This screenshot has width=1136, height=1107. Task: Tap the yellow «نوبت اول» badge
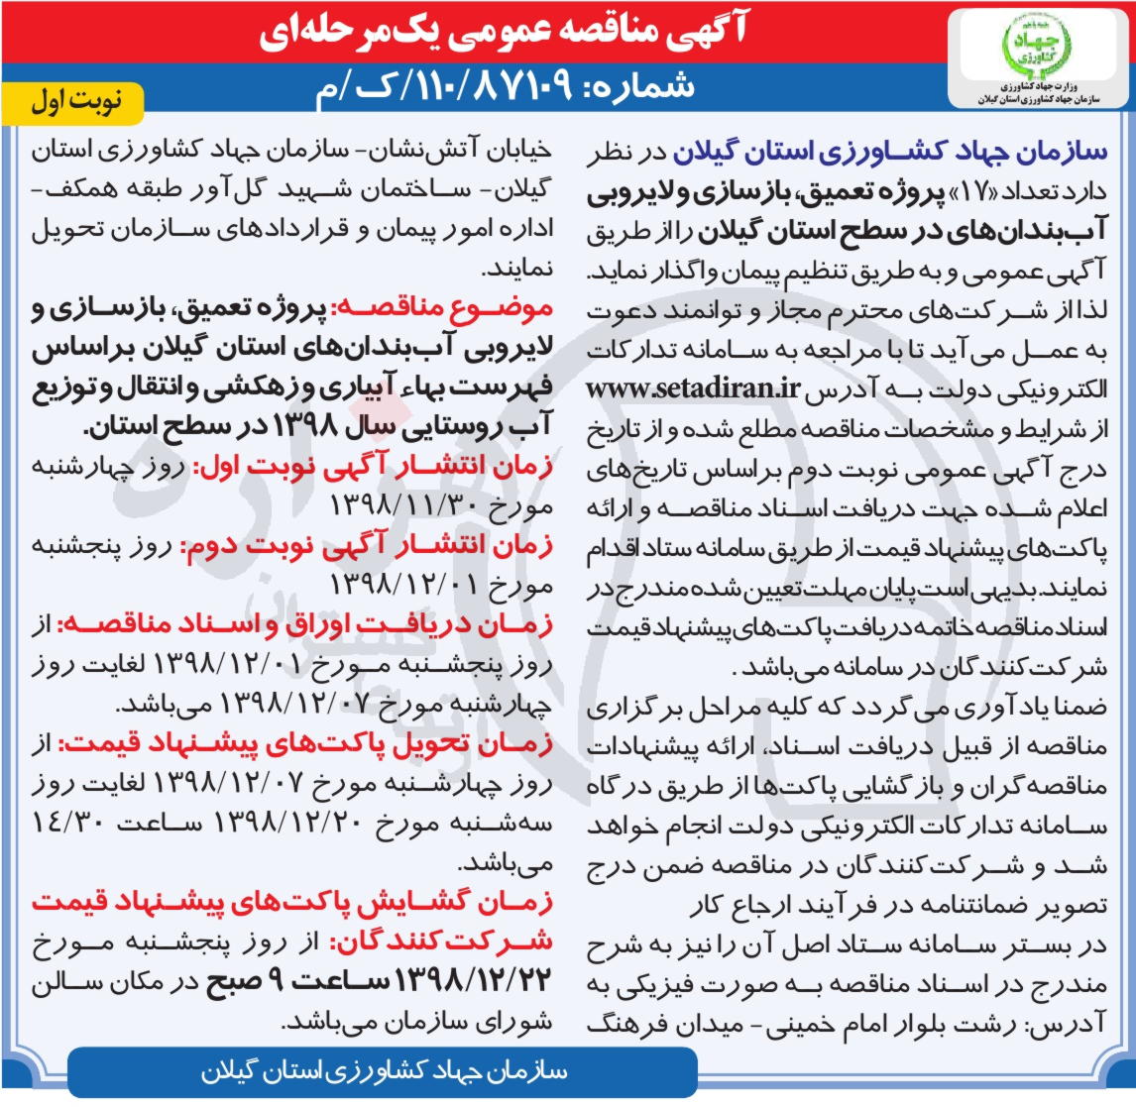click(76, 103)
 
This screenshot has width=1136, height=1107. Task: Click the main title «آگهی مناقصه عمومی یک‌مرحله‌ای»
click(503, 34)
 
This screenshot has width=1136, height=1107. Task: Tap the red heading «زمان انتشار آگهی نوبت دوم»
click(366, 546)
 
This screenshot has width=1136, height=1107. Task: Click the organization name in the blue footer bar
click(384, 1072)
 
